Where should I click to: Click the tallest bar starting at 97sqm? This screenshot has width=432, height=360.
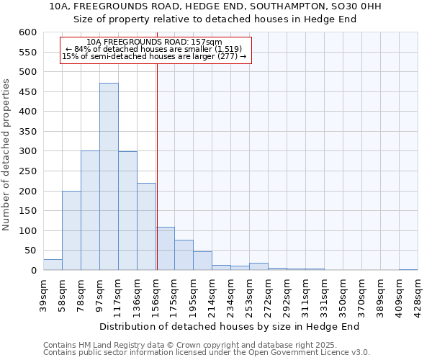[109, 176]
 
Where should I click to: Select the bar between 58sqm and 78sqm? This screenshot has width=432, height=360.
[71, 230]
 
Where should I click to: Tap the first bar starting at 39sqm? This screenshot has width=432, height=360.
[53, 264]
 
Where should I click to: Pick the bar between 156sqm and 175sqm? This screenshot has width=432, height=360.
[165, 248]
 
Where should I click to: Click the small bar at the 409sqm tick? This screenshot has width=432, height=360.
[408, 269]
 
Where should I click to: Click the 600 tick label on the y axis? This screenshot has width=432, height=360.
[27, 32]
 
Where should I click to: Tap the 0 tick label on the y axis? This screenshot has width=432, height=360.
[33, 271]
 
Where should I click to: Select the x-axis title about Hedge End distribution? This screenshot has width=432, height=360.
[229, 326]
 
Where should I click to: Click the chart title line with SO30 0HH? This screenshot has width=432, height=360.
[215, 6]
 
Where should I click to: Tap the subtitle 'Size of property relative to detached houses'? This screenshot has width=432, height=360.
[215, 19]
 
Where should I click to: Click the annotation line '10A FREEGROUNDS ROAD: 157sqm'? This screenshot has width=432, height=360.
[153, 42]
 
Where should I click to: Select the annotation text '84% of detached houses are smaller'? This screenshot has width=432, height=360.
[153, 49]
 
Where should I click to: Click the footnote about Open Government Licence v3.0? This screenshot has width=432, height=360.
[207, 353]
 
